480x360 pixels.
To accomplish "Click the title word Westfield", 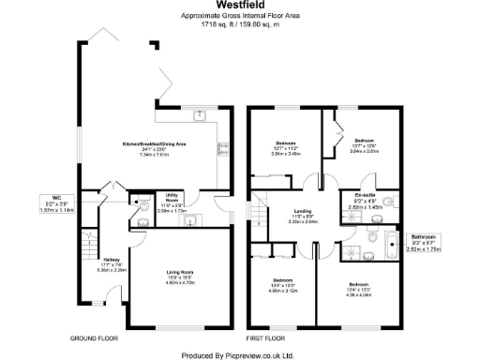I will click(239, 6).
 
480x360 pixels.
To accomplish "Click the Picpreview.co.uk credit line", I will click(239, 354).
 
